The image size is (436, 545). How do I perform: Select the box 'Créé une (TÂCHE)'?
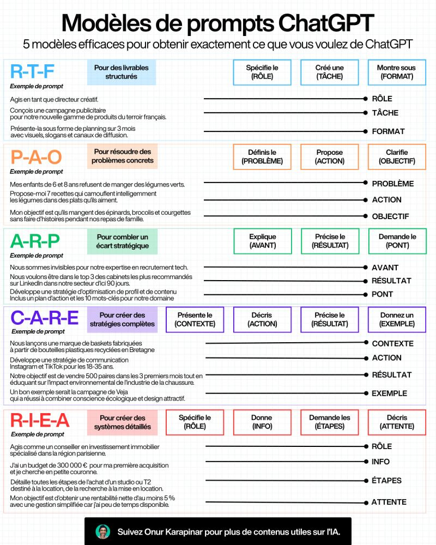click(x=329, y=72)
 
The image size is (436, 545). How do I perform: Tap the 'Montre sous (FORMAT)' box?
click(x=396, y=72)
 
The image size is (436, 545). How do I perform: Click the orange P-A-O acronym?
click(x=37, y=156)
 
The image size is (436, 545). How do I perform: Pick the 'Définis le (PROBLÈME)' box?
click(x=262, y=156)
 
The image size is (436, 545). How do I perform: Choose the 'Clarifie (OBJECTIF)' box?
click(x=396, y=156)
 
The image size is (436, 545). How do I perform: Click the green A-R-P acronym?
click(x=35, y=241)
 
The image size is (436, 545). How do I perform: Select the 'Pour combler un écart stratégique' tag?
click(x=122, y=241)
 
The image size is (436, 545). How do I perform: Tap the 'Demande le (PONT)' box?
click(x=397, y=241)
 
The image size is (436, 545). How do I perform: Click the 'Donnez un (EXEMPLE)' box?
click(x=396, y=319)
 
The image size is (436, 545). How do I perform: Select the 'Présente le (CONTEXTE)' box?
click(x=195, y=319)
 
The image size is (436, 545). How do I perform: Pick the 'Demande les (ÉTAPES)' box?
click(x=329, y=422)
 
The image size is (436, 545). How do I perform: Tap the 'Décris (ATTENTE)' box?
click(x=396, y=422)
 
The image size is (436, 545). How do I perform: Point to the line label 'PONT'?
click(x=382, y=294)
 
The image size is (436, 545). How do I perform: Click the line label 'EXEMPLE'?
click(x=389, y=393)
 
